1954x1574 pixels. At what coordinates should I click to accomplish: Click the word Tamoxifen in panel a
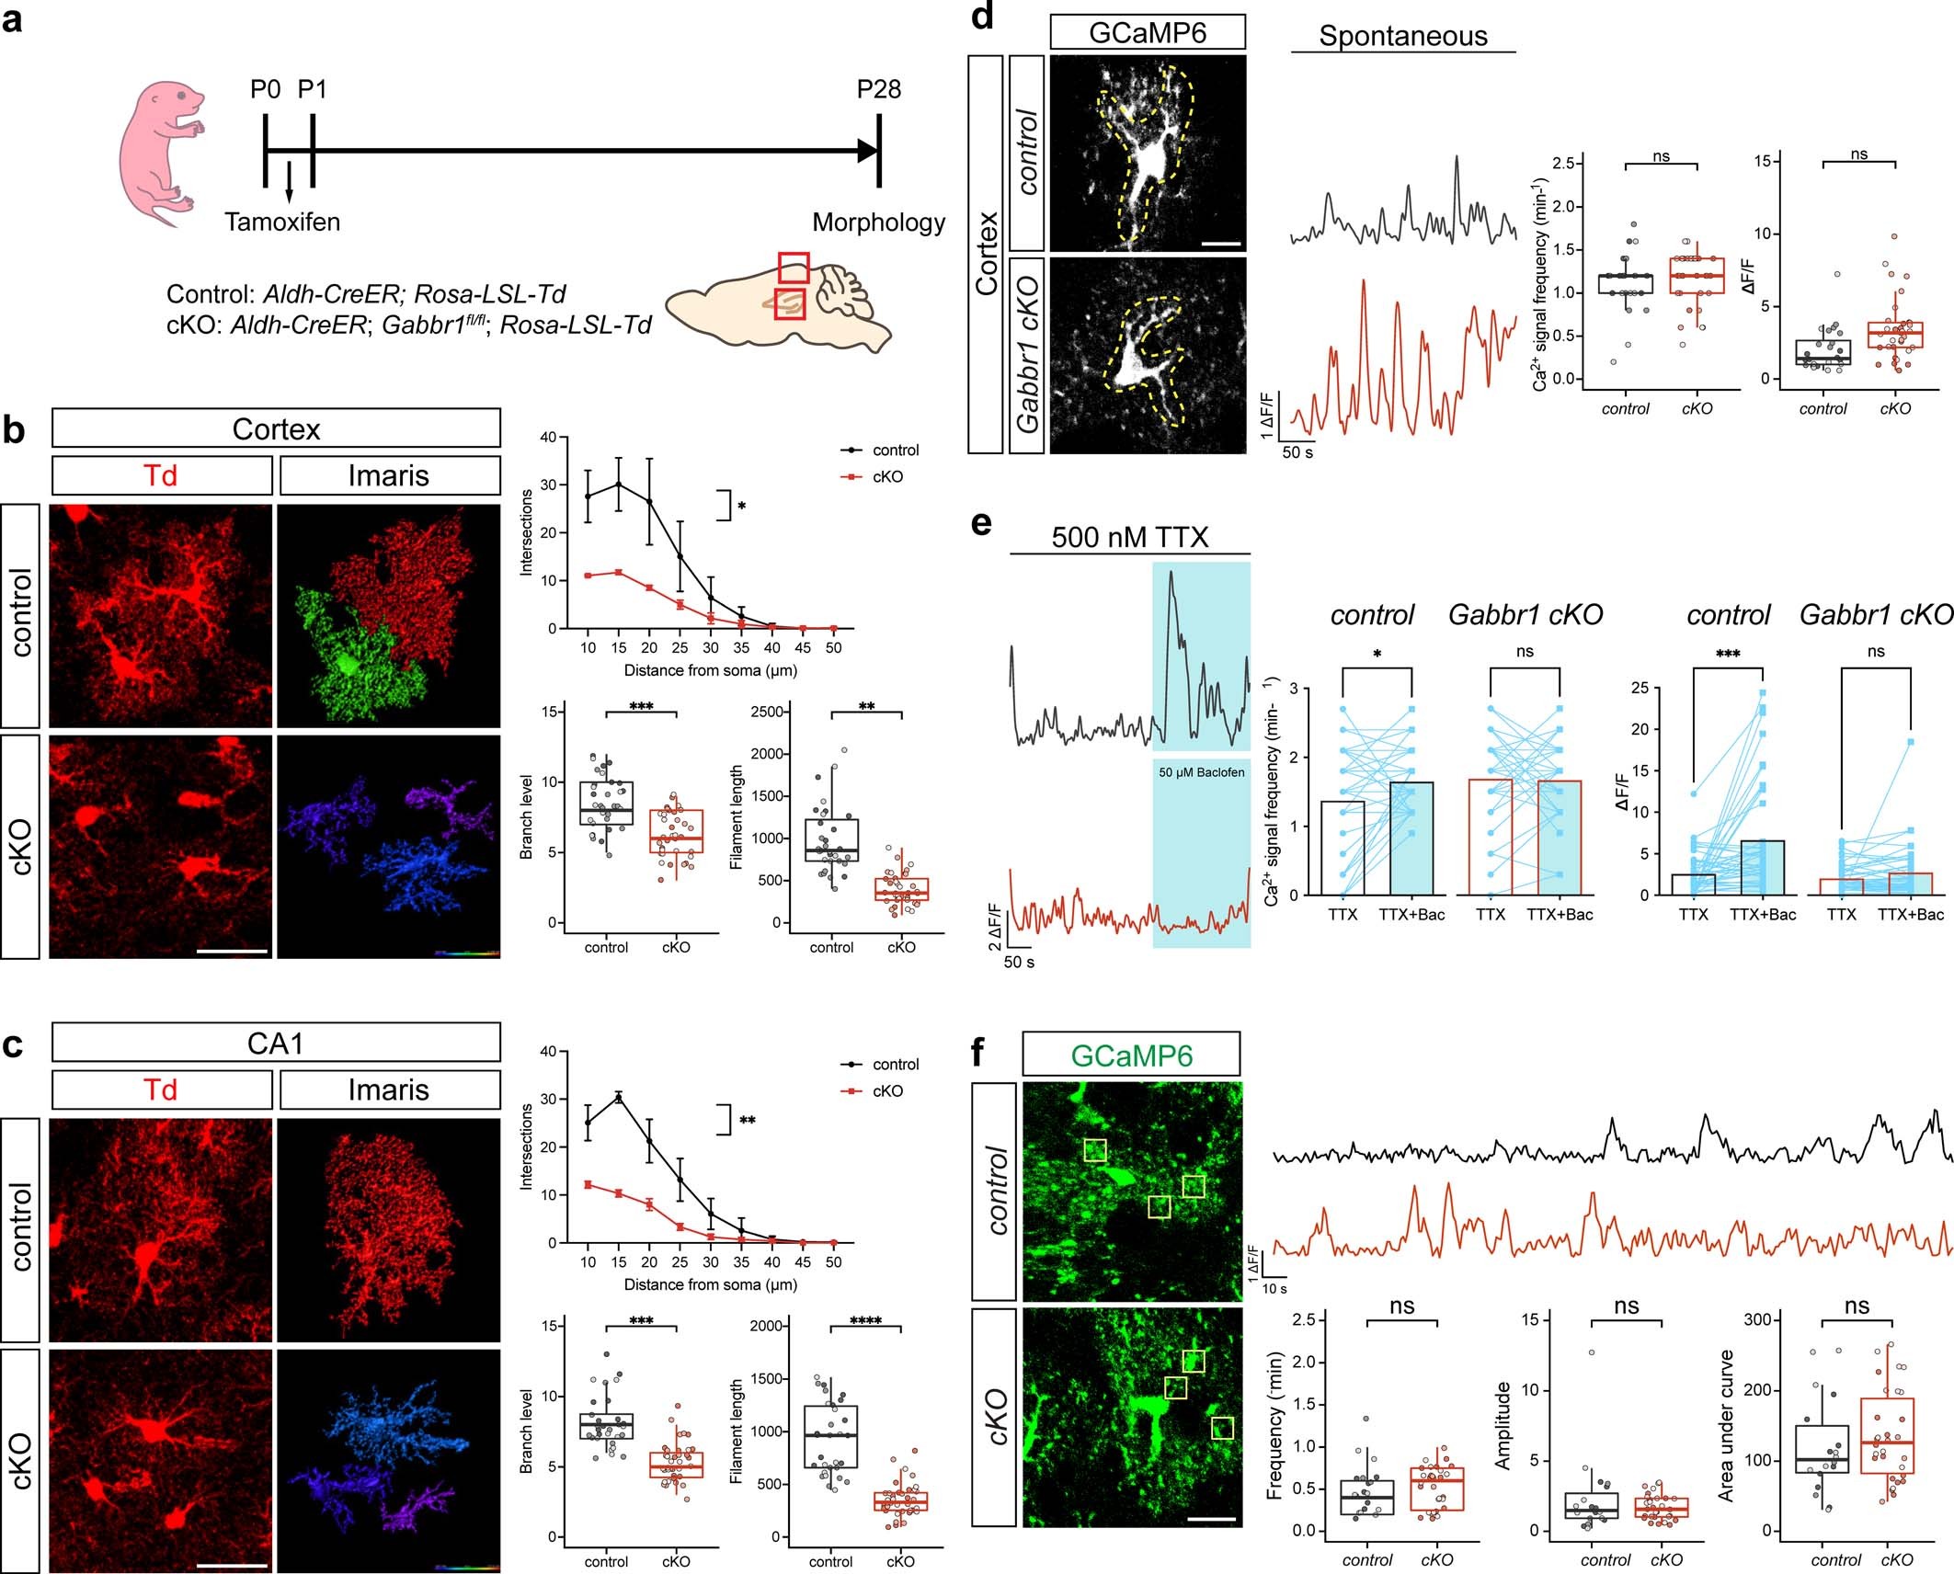click(x=282, y=222)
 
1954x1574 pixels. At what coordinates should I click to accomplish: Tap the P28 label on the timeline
click(x=878, y=89)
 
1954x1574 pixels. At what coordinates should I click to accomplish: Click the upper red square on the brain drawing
click(x=793, y=268)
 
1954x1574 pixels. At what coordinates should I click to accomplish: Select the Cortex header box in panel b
click(x=276, y=429)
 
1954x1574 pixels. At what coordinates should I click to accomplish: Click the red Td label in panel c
click(x=161, y=1089)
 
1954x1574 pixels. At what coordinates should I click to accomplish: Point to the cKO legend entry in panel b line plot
click(x=886, y=476)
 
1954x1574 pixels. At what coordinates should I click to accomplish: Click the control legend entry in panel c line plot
click(x=895, y=1064)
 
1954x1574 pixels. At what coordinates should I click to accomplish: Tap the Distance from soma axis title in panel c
click(x=710, y=1284)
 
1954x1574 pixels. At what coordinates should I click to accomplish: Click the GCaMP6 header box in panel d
click(x=1147, y=33)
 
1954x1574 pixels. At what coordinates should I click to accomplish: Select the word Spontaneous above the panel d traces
click(x=1402, y=36)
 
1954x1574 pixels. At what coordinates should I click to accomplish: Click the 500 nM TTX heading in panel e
click(x=1129, y=537)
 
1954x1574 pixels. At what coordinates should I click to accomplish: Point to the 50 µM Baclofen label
click(x=1201, y=772)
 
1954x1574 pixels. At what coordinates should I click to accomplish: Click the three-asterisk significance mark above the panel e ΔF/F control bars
click(x=1728, y=655)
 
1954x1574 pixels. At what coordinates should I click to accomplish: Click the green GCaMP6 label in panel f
click(x=1131, y=1055)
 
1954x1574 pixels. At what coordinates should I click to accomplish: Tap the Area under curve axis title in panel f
click(x=1727, y=1426)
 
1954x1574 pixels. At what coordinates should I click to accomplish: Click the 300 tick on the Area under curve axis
click(x=1757, y=1319)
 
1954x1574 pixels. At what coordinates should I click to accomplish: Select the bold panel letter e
click(x=981, y=524)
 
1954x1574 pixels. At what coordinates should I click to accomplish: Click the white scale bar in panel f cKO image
click(x=1211, y=1520)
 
